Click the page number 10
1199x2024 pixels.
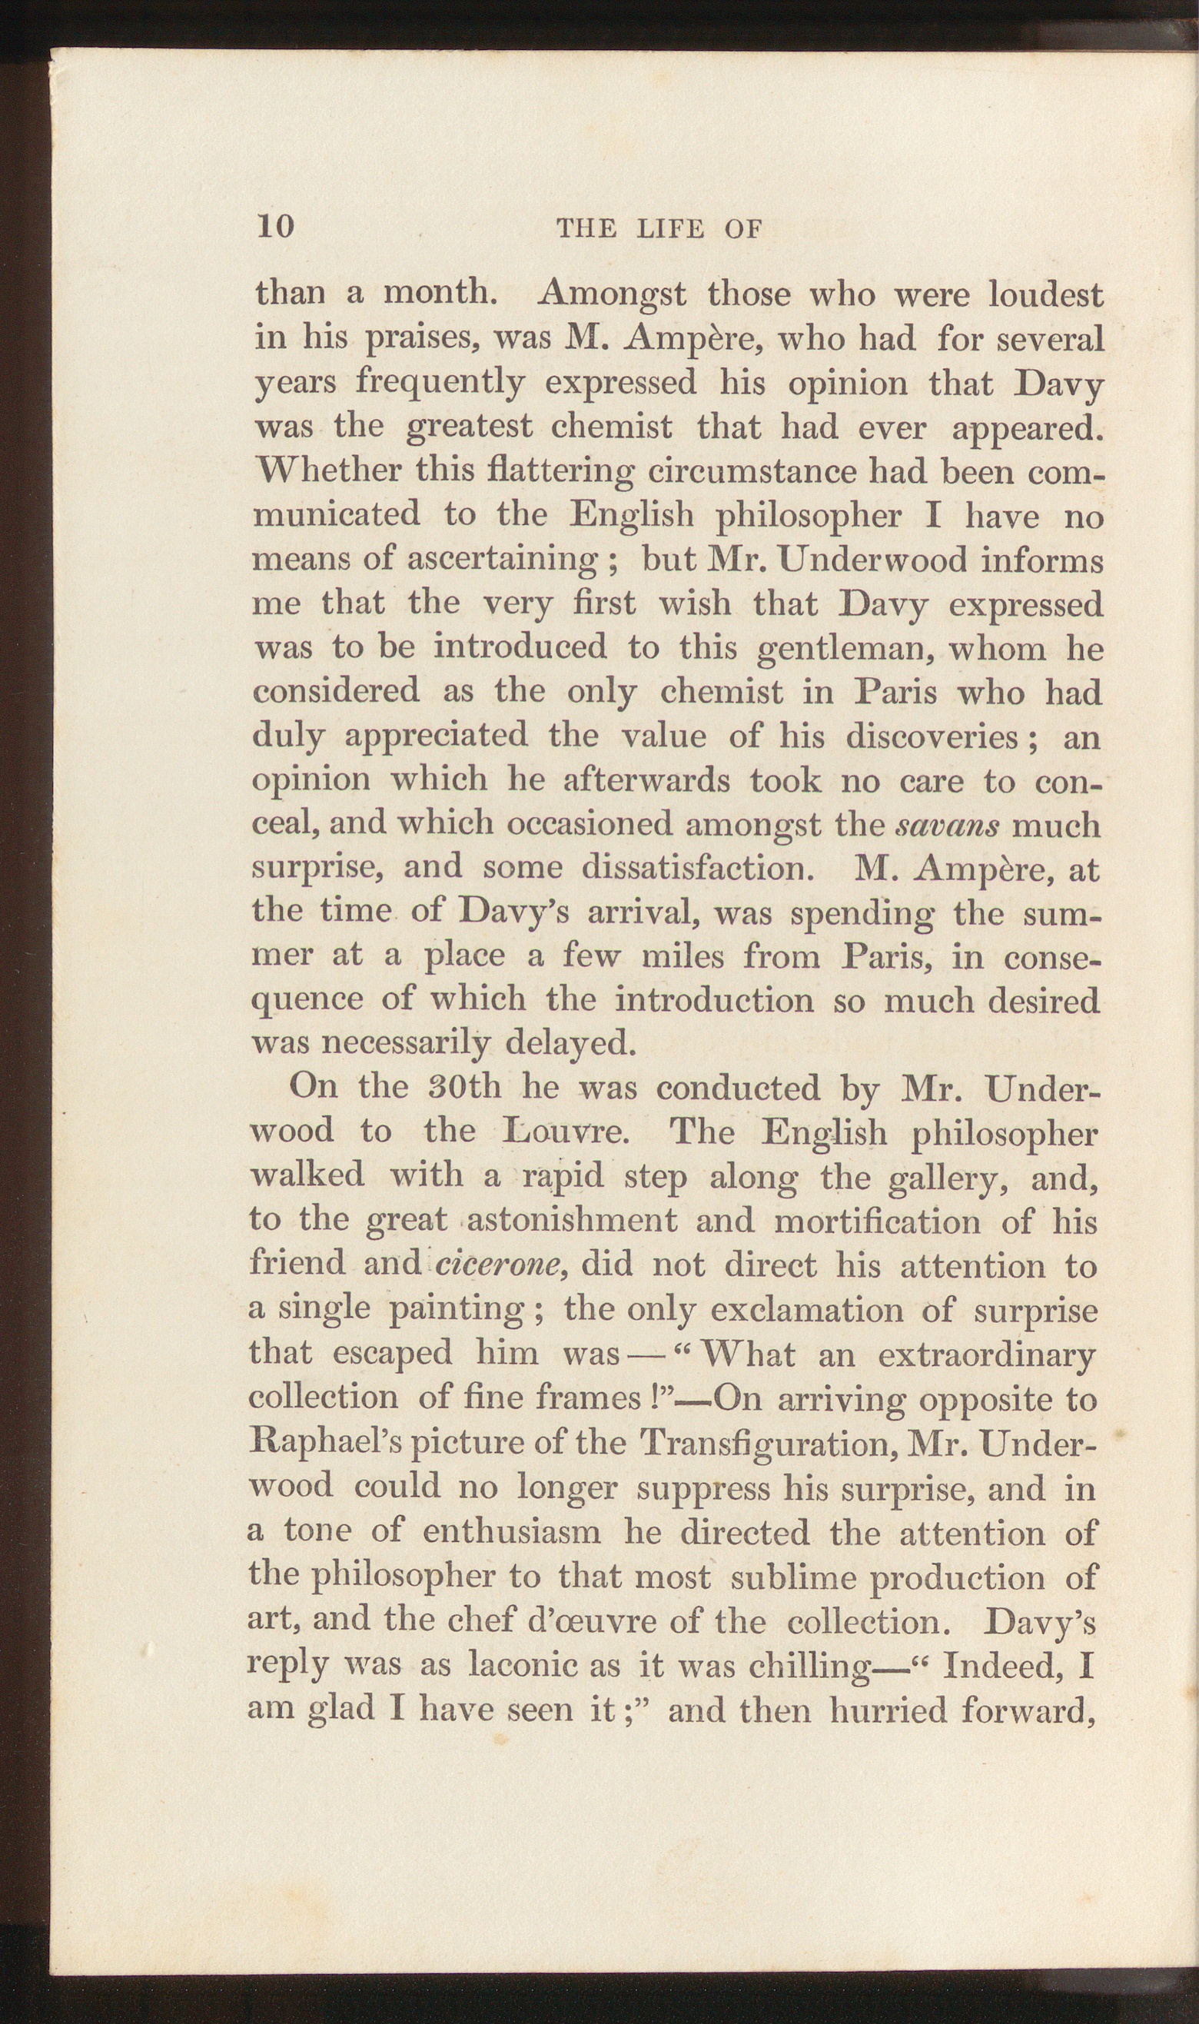275,227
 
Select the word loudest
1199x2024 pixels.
1046,295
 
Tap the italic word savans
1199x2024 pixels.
948,826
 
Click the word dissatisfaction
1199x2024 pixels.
696,868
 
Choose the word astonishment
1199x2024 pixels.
572,1220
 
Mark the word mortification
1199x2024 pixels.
878,1220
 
